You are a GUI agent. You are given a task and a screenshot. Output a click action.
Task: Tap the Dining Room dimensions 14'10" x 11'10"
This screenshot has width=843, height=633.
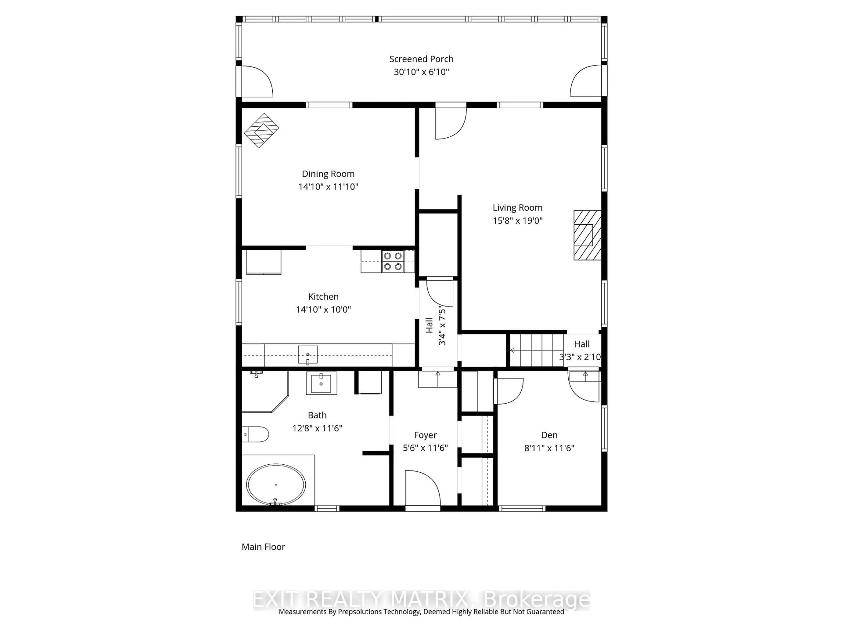pyautogui.click(x=328, y=187)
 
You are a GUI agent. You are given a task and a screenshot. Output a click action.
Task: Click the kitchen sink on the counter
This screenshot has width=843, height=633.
pyautogui.click(x=308, y=355)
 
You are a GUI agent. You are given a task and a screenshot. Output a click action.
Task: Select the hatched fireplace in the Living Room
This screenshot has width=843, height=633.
pyautogui.click(x=587, y=235)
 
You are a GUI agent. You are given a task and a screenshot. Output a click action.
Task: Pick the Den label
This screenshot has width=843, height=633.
pyautogui.click(x=549, y=435)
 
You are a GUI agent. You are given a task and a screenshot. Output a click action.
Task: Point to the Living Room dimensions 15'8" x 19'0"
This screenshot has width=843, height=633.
pyautogui.click(x=517, y=220)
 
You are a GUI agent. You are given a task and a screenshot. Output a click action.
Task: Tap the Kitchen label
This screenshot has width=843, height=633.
pyautogui.click(x=323, y=296)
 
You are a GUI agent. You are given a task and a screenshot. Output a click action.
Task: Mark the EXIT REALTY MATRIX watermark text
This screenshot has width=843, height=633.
pyautogui.click(x=421, y=599)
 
